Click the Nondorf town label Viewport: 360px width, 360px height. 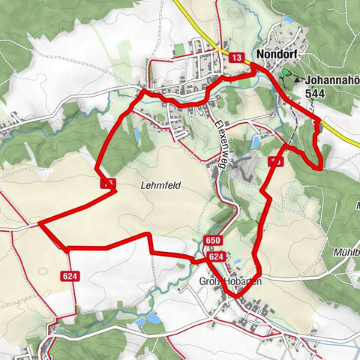tap(279, 55)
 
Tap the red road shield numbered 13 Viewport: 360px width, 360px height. tap(236, 58)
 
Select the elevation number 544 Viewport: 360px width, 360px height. tap(315, 94)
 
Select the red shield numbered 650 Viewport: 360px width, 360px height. tap(213, 240)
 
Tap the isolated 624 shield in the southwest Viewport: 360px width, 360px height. tap(70, 275)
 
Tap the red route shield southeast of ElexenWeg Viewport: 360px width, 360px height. tap(275, 161)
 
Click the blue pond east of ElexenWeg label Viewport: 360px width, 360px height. tap(257, 140)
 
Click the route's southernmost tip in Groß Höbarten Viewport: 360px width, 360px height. tap(235, 296)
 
